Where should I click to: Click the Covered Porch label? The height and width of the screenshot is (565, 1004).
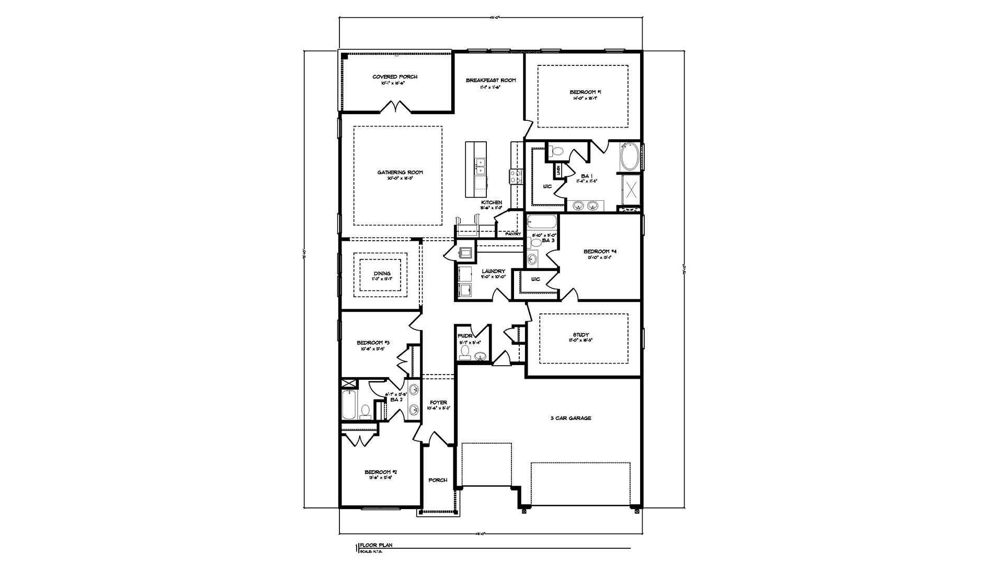point(395,77)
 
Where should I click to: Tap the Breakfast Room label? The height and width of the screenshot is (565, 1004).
point(490,80)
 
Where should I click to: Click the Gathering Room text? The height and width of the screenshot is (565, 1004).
point(400,173)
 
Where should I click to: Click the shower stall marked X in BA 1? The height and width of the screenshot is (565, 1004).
point(631,190)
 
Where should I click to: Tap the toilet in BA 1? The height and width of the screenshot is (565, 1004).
point(557,152)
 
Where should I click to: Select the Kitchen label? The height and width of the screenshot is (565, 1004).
point(492,202)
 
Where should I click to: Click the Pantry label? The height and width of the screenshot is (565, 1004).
point(512,234)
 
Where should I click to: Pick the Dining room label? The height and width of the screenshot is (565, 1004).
point(382,274)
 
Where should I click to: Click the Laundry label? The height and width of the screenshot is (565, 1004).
point(493,271)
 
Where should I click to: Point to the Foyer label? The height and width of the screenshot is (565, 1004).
point(438,402)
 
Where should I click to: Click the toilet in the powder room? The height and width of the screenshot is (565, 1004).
point(464,355)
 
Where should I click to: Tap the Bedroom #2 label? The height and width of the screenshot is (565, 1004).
point(378,472)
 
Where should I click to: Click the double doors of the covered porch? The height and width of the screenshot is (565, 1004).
point(396,108)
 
